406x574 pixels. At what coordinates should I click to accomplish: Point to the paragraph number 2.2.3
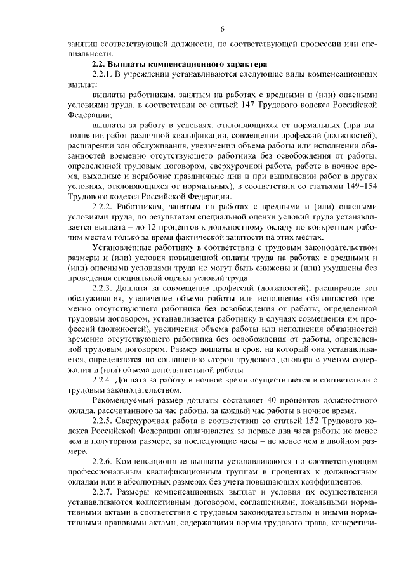tap(103, 290)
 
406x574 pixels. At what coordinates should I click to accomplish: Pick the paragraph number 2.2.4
tap(103, 380)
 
